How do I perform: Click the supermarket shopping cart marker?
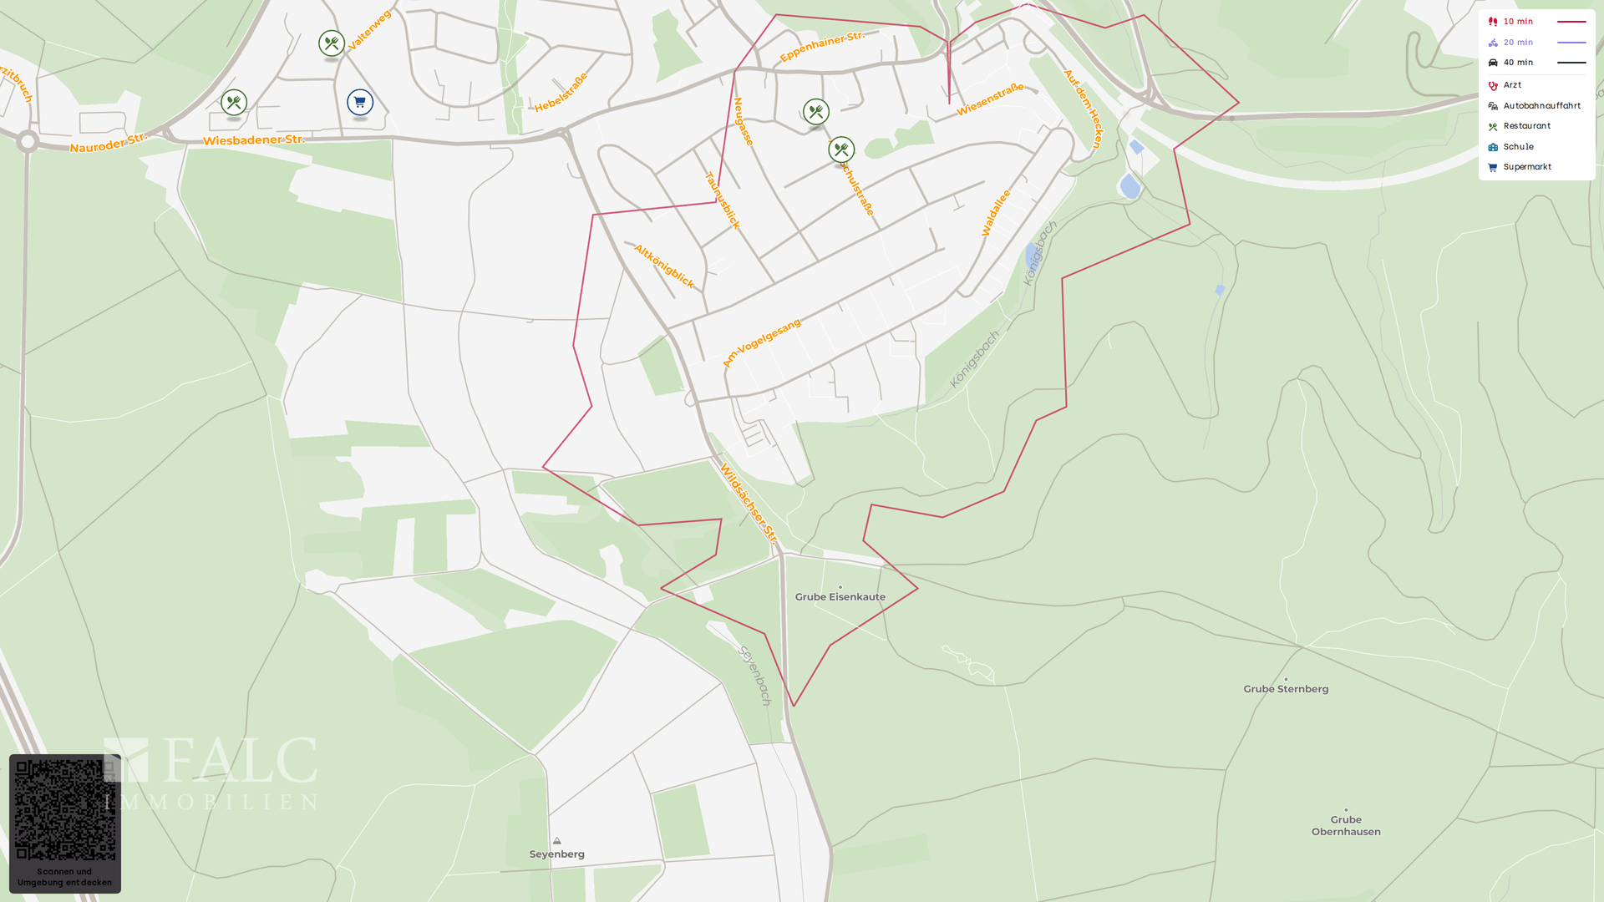click(x=360, y=103)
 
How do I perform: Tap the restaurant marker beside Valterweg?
click(x=332, y=43)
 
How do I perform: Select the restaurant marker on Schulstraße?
click(x=841, y=149)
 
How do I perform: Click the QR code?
click(x=65, y=809)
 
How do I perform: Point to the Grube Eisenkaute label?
click(x=840, y=596)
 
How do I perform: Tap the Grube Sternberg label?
click(x=1286, y=688)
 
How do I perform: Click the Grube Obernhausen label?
click(x=1346, y=825)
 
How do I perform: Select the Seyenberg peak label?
click(x=557, y=854)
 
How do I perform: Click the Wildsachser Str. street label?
click(x=749, y=504)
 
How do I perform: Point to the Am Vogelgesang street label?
click(x=761, y=342)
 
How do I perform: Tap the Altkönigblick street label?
click(x=664, y=266)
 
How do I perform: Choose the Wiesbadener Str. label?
click(x=254, y=140)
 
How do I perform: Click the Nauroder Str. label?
click(x=108, y=144)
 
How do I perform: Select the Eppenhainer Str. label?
click(x=821, y=47)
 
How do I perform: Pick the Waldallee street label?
click(x=996, y=213)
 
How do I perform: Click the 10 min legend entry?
click(x=1518, y=22)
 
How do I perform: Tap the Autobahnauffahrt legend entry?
click(x=1541, y=106)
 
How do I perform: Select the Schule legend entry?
click(x=1518, y=147)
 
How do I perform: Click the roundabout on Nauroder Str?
click(x=28, y=142)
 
